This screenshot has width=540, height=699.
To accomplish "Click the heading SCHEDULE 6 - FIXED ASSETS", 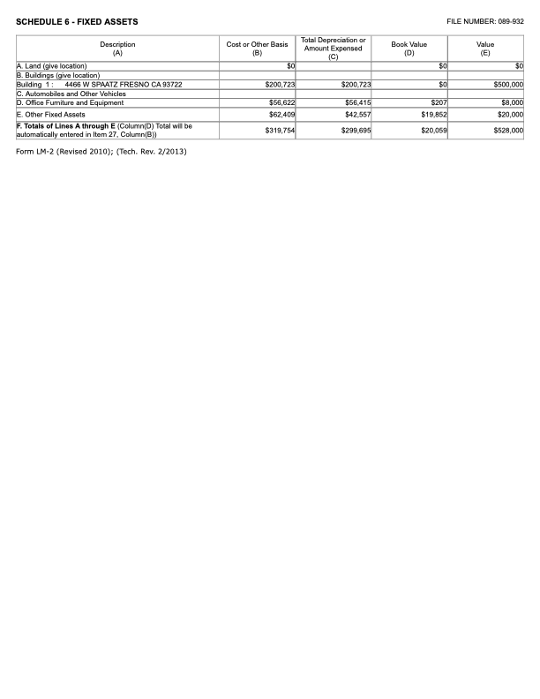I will pos(77,21).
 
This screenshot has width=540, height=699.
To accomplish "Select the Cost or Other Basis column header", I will pos(257,49).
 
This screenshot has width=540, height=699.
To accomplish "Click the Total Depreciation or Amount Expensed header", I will pos(334,49).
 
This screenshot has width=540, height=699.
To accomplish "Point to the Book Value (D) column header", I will pos(409,49).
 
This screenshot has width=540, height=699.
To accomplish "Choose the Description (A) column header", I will pos(117,49).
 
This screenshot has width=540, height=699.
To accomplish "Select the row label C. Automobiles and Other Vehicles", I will pos(71,94).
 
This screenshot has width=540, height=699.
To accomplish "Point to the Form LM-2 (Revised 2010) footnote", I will pos(101,152).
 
